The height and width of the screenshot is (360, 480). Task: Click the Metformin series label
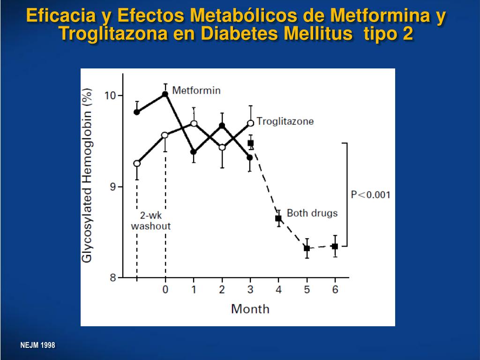point(196,90)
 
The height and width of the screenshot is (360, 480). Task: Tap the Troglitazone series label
point(285,121)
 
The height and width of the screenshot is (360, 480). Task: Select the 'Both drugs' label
point(312,213)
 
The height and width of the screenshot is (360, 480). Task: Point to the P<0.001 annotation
point(370,195)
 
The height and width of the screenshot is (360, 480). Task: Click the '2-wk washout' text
point(150,221)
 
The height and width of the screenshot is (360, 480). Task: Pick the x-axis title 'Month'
point(250,308)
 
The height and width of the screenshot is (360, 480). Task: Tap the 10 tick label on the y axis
point(110,96)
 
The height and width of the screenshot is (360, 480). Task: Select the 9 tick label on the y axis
point(112,187)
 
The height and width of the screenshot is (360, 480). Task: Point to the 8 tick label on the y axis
point(112,277)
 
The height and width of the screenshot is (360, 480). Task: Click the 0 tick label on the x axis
point(165,290)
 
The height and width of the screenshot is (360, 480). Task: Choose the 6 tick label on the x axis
point(335,290)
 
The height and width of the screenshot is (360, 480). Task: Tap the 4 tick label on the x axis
point(278,290)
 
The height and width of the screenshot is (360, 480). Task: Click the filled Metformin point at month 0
point(165,94)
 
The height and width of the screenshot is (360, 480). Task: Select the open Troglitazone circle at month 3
point(250,123)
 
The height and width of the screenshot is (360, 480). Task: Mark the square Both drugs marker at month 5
point(307,248)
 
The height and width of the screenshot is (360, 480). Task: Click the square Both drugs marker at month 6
point(335,247)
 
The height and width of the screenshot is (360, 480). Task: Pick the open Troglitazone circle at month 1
point(194,123)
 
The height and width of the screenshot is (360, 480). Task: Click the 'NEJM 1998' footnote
point(37,345)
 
